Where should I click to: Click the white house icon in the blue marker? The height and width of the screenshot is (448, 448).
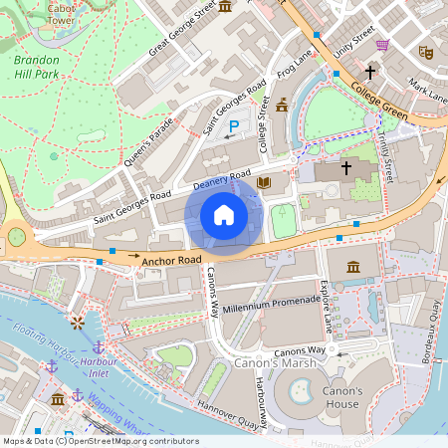pyautogui.click(x=224, y=215)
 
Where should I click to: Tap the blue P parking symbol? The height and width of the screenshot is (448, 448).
pyautogui.click(x=235, y=126)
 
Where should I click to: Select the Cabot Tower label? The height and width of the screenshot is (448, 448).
pyautogui.click(x=61, y=13)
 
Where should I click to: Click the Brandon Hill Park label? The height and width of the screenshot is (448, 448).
pyautogui.click(x=44, y=67)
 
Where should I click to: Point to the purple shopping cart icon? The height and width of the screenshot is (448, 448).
pyautogui.click(x=382, y=45)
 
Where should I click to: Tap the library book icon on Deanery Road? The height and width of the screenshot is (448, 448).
pyautogui.click(x=264, y=183)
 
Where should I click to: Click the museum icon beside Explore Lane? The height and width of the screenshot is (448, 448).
pyautogui.click(x=353, y=267)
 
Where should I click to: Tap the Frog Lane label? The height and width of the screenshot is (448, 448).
pyautogui.click(x=297, y=65)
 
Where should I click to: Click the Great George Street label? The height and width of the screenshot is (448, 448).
pyautogui.click(x=183, y=31)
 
